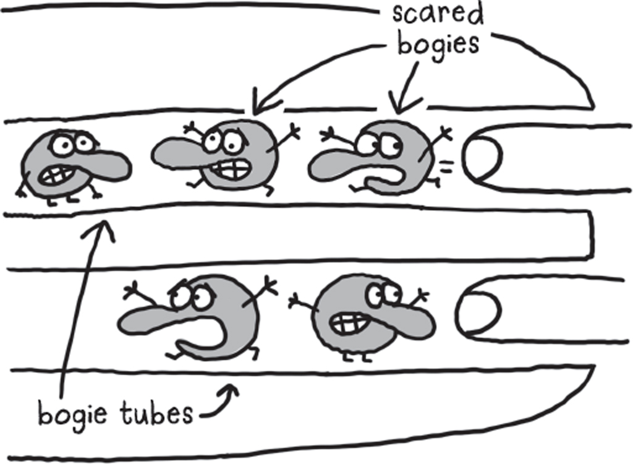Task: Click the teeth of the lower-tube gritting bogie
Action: tap(347, 321)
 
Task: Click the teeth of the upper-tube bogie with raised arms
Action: tap(234, 168)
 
